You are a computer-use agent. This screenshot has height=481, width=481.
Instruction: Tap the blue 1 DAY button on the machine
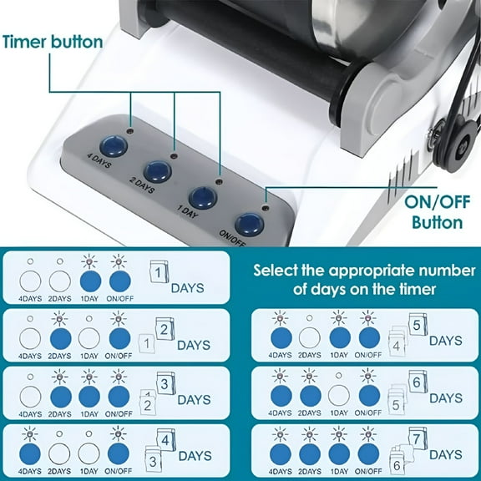point(203,198)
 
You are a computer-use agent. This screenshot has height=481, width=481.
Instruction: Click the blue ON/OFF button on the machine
point(250,225)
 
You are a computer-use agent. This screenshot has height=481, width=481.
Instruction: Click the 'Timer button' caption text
point(53,42)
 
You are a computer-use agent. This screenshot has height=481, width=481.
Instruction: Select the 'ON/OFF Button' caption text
point(437,212)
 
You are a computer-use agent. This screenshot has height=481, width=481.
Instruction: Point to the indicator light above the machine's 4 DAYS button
point(130,131)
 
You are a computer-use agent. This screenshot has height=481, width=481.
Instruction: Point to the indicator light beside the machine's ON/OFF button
point(266,209)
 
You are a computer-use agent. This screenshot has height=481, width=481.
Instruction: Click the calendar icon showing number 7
point(418,438)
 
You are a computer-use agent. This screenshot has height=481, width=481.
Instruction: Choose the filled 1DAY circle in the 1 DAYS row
point(90,281)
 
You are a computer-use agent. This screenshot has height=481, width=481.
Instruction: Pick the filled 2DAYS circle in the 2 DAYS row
point(61,339)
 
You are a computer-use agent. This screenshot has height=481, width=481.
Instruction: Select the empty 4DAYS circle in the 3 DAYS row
point(30,397)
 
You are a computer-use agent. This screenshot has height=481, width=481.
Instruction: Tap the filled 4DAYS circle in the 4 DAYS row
point(30,454)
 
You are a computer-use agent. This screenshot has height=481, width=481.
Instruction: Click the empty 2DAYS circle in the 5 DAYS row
point(310,337)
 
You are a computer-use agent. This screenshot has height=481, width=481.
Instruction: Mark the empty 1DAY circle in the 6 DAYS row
point(339,396)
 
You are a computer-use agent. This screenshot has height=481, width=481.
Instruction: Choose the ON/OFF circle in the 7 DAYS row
point(368,453)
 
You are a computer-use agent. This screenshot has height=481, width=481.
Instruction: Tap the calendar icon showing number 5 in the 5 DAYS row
point(418,325)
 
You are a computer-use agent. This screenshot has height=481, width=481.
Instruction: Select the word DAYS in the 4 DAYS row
point(195,456)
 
